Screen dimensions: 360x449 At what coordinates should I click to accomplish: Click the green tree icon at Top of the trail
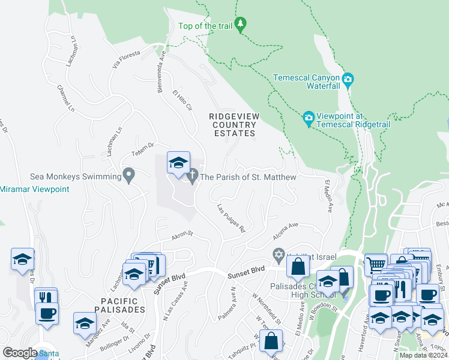click(x=241, y=25)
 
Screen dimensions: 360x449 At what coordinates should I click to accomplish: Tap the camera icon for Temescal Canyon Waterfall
click(x=348, y=79)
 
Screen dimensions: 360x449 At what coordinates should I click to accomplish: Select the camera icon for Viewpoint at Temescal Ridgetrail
click(x=309, y=116)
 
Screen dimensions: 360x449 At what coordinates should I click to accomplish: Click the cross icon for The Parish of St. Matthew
click(x=192, y=176)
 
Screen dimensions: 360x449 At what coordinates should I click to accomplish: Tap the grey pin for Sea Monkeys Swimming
click(x=128, y=176)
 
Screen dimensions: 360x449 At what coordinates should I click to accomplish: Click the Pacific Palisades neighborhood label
click(x=115, y=304)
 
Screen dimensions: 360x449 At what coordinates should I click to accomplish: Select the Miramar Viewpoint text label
click(x=35, y=189)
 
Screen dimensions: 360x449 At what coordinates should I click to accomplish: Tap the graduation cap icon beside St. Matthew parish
click(x=178, y=163)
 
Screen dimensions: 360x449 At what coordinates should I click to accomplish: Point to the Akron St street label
click(x=181, y=236)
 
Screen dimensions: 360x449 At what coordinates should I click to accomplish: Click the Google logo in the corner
click(x=20, y=352)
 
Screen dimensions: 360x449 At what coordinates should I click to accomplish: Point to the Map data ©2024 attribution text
click(x=424, y=355)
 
